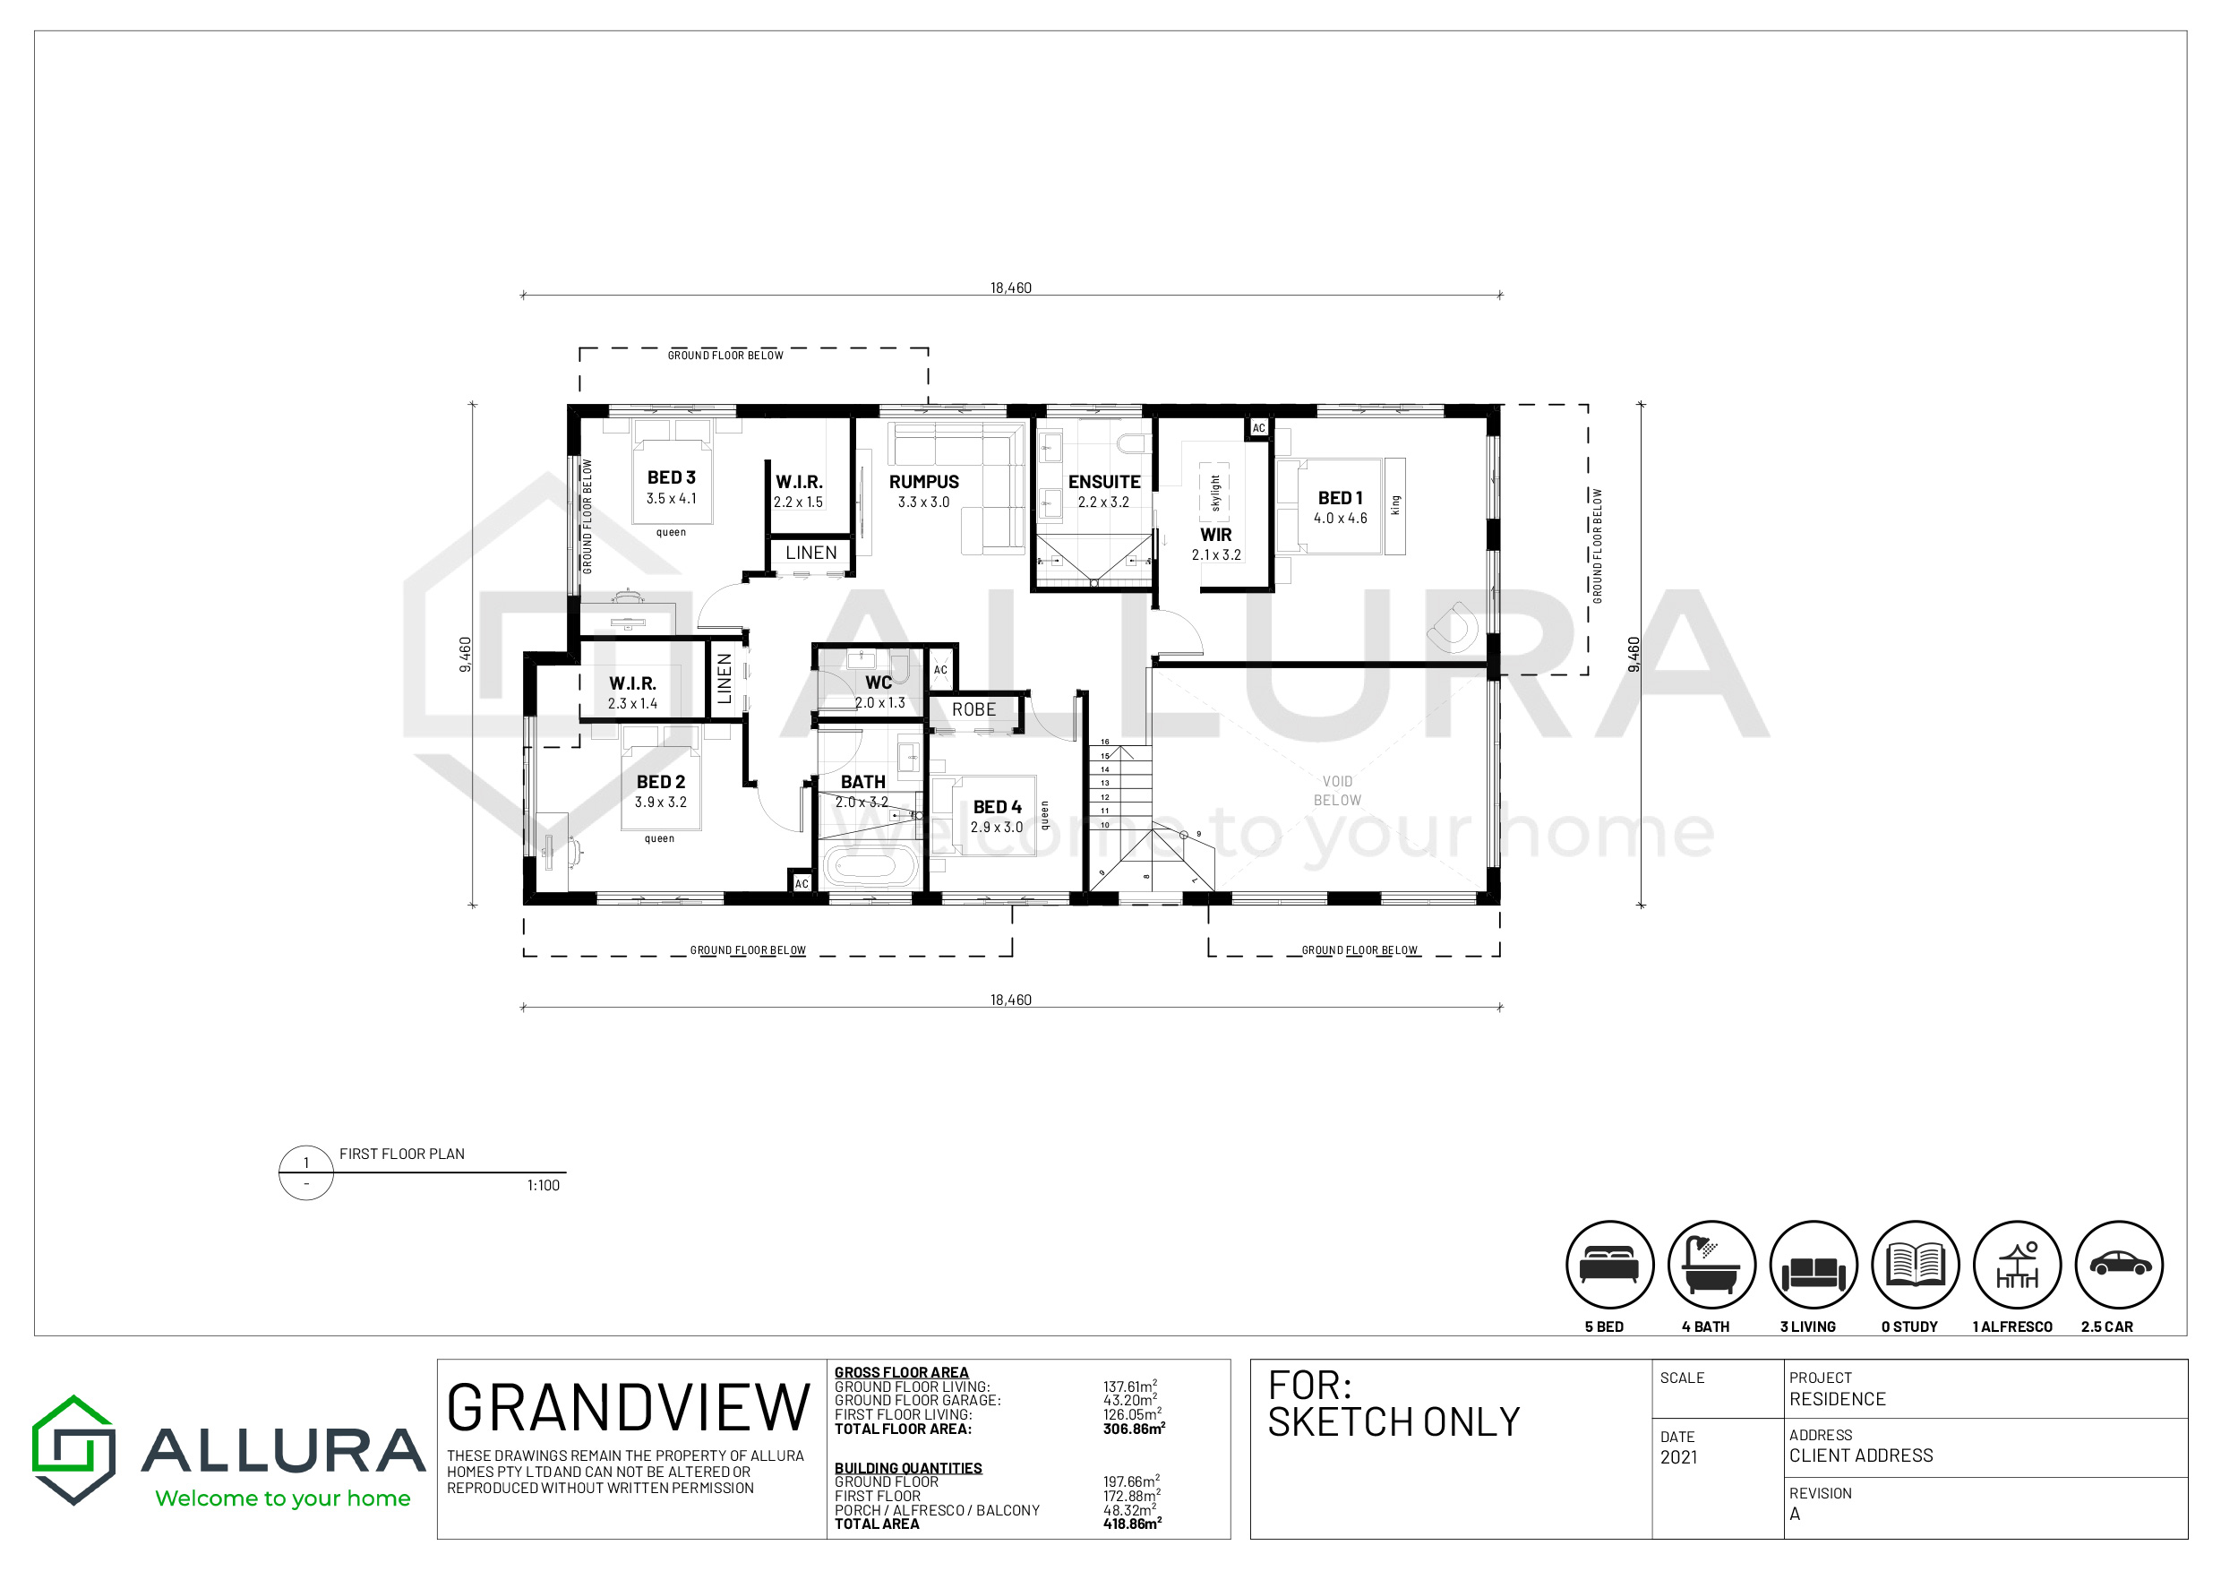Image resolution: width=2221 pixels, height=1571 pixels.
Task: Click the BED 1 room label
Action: coord(1340,497)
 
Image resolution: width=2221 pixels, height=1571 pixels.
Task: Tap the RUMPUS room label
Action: coord(924,481)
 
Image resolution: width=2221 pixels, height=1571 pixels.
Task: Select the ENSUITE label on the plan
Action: coord(1103,481)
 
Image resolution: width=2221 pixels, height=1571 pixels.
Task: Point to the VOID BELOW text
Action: coord(1337,790)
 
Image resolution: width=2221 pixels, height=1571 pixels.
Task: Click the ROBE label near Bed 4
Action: coord(973,709)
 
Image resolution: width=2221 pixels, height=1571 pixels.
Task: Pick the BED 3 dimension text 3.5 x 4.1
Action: coord(672,498)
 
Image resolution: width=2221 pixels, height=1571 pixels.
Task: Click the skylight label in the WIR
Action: coord(1216,494)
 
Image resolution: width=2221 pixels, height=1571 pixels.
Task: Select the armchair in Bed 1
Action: coord(1454,626)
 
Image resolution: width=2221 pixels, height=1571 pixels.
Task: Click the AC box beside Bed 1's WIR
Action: coord(1258,427)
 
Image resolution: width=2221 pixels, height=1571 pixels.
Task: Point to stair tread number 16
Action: coord(1105,742)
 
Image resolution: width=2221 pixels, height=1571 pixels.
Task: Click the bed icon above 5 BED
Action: coord(1609,1265)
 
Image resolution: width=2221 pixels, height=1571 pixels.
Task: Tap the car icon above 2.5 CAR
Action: coord(2119,1265)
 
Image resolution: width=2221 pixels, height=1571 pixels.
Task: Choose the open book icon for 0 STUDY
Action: coord(1916,1265)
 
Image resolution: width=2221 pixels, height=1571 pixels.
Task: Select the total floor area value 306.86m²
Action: coord(1134,1428)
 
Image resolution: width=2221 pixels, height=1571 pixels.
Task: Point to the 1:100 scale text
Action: coord(543,1185)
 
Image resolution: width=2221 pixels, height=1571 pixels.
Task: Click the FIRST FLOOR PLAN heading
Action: coord(401,1153)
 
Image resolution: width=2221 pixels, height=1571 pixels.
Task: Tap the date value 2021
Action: coord(1678,1457)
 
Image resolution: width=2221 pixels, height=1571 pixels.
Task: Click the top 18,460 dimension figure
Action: coord(1011,288)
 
